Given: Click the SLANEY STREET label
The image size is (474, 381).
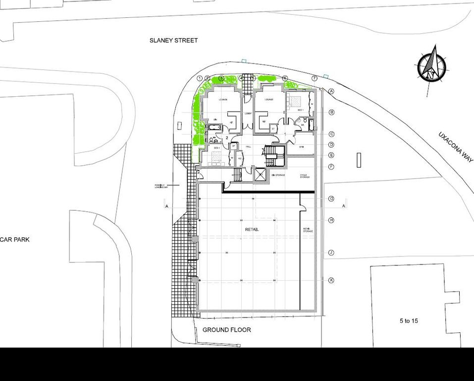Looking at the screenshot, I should tap(173, 40).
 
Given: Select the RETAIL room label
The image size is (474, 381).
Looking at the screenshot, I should tap(252, 230).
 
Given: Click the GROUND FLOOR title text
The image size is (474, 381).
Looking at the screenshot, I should tap(227, 330).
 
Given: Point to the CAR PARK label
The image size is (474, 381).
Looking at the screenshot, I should tap(15, 239).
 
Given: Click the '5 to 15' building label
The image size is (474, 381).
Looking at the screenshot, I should tap(409, 321).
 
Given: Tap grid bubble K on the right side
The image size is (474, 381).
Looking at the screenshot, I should tap(331, 280).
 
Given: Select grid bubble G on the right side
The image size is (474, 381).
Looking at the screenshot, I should tap(331, 198).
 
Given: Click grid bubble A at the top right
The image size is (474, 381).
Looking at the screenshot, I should tap(331, 91).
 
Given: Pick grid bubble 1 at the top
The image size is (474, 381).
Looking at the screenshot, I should tap(200, 78).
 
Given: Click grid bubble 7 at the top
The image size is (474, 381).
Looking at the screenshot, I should tap(314, 78).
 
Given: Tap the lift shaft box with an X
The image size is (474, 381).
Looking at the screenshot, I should tap(259, 175).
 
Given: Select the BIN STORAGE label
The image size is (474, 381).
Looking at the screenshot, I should tap(277, 175).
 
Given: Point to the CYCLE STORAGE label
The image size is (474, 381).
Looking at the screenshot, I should tap(304, 176).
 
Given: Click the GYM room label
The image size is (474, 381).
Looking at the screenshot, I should tap(302, 148).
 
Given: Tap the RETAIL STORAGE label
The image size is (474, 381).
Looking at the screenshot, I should tap(307, 230).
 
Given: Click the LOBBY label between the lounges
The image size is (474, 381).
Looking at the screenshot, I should tap(248, 114).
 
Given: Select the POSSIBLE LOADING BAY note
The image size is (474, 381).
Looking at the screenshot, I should tap(162, 186).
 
